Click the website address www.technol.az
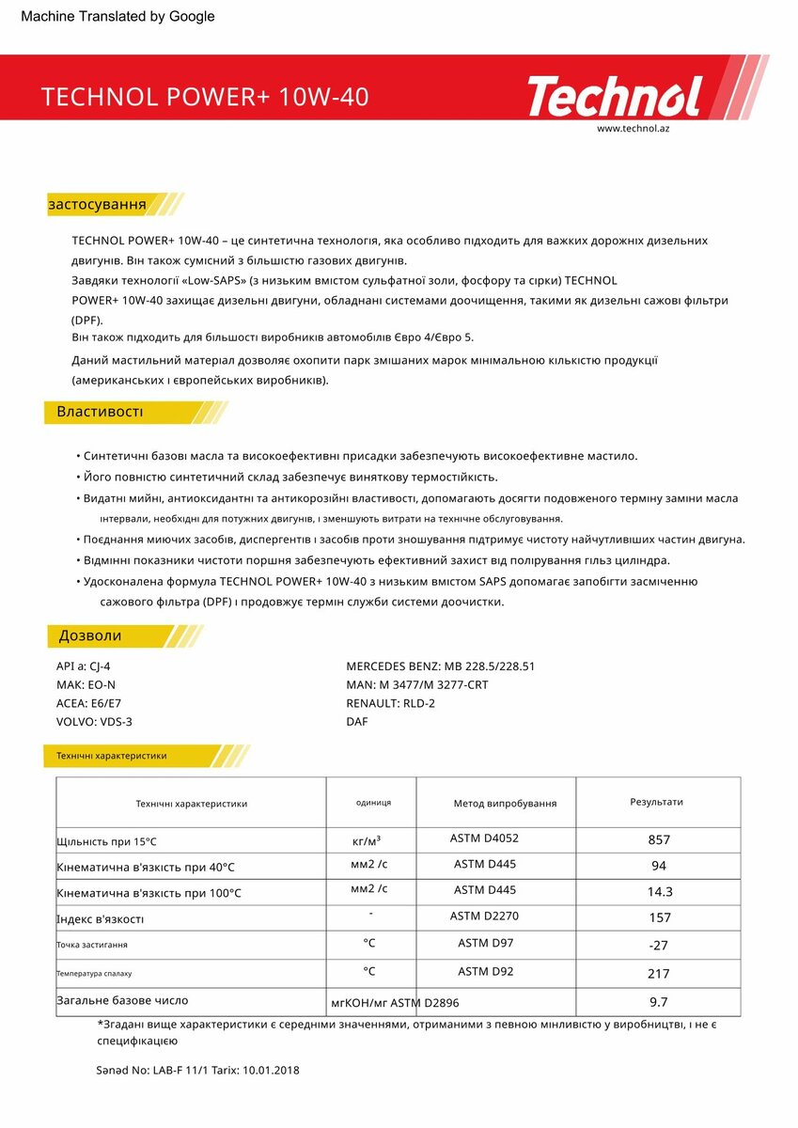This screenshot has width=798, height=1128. (x=633, y=128)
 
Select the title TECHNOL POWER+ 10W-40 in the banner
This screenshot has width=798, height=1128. (x=205, y=98)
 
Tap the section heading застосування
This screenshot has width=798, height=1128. (x=97, y=204)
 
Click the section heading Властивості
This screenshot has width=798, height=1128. (x=100, y=412)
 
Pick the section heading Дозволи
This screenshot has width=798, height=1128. (x=90, y=635)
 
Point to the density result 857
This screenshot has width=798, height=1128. (x=659, y=839)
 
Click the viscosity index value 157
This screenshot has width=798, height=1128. (x=659, y=917)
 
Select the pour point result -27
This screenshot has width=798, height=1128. (x=659, y=945)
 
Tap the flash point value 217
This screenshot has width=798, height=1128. (x=659, y=974)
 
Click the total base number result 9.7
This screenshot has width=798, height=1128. (x=659, y=1002)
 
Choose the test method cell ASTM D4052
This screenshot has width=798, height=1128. (x=484, y=838)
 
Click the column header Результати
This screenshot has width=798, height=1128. (x=656, y=802)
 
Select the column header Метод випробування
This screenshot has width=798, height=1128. (x=505, y=803)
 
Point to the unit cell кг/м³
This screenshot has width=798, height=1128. (x=366, y=839)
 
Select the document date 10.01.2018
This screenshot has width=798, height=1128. (x=271, y=1070)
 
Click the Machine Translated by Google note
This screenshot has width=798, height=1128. (x=117, y=16)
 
